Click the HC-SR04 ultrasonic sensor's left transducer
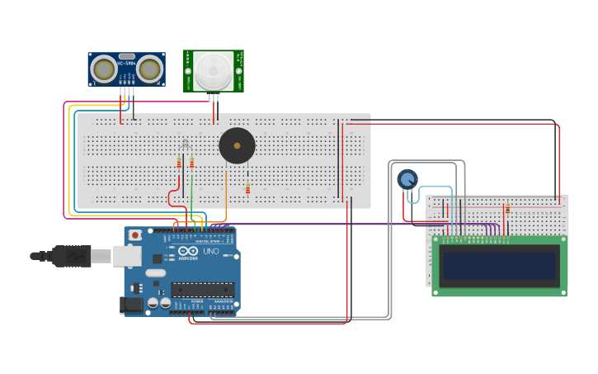coord(104,68)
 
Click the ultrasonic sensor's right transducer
coord(149,68)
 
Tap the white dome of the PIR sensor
coord(213,69)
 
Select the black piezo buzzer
coord(237,146)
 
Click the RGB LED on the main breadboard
coord(186,146)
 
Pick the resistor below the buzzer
coord(247,189)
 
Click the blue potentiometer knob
coord(407,178)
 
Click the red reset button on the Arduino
coord(135,235)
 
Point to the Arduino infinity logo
coord(188,251)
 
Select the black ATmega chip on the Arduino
coord(202,289)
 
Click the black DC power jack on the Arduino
coord(133,305)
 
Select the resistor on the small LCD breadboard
coord(507,208)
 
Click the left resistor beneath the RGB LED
coord(179,163)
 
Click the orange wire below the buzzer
coord(226,194)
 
